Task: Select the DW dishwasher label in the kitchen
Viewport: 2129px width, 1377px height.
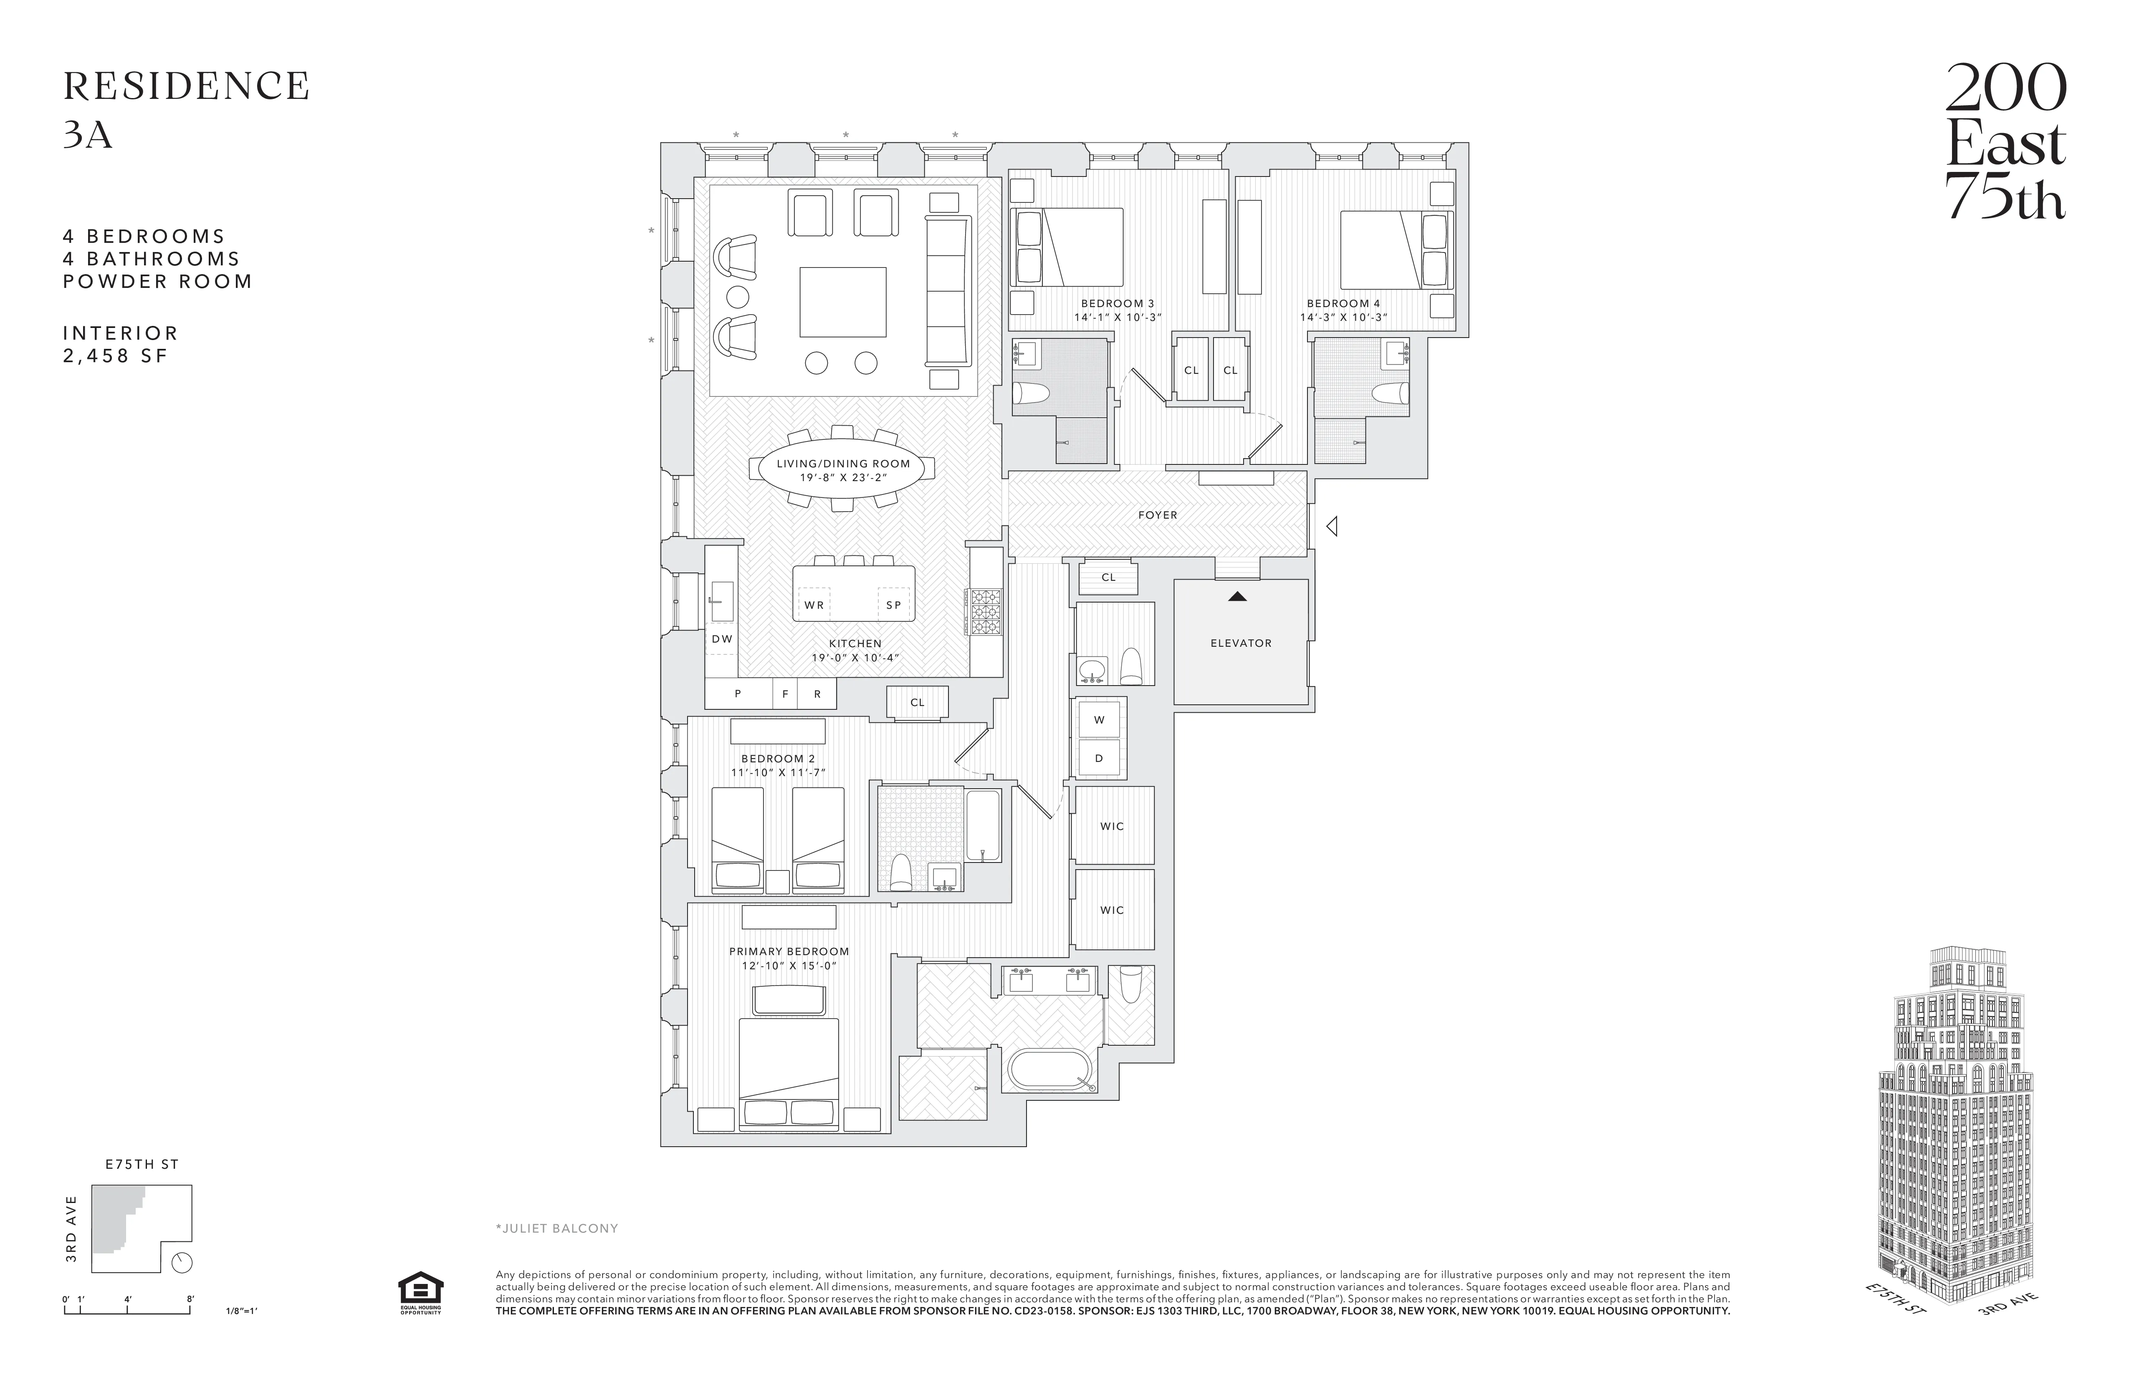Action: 722,639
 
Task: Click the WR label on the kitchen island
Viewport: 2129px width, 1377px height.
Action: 814,605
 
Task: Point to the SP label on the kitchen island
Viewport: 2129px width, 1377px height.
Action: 893,605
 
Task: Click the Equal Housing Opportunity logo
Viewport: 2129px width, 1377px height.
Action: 420,1292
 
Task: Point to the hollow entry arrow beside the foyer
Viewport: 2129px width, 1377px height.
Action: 1332,527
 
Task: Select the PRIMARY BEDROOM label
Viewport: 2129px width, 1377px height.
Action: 788,951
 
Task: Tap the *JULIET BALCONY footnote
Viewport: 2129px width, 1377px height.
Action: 556,1228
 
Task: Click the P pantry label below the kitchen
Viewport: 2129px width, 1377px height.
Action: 738,694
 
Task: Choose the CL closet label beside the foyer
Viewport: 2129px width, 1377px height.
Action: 1108,578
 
